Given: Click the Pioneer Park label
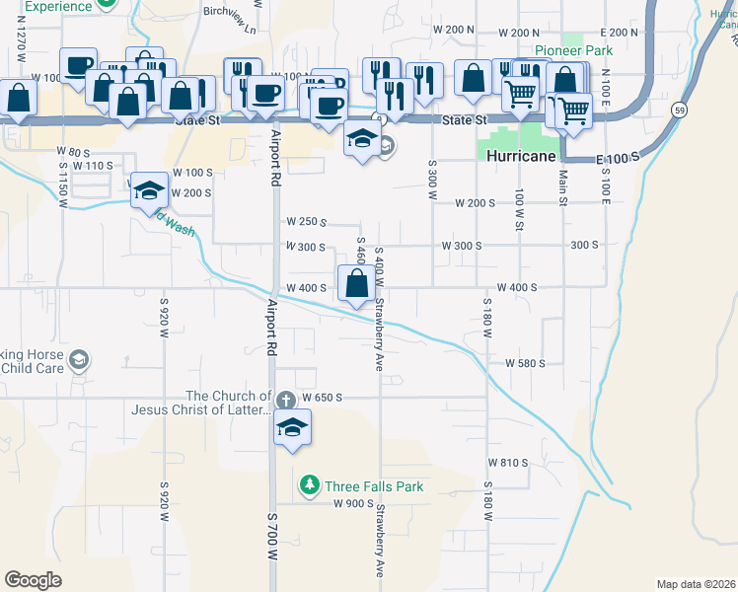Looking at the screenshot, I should [x=573, y=50].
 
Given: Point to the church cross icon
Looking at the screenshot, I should [x=285, y=400].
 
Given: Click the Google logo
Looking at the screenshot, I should [x=34, y=579].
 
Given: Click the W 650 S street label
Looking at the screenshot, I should [x=322, y=397].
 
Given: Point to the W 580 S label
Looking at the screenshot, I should [x=525, y=363].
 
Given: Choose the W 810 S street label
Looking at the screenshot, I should [x=509, y=462].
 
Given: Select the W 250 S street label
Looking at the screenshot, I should [x=306, y=222].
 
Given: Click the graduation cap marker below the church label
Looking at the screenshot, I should [x=292, y=428].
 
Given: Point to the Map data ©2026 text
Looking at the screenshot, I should [x=696, y=584].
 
